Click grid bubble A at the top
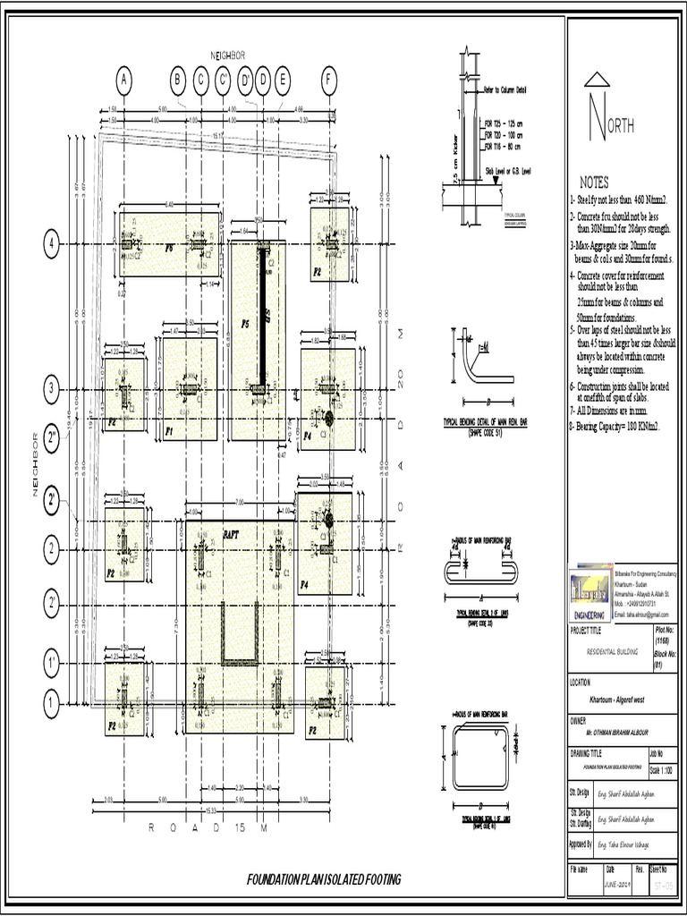click(x=123, y=82)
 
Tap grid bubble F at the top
click(x=330, y=82)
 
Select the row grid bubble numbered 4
click(x=52, y=243)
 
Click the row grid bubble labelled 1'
click(x=52, y=663)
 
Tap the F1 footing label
click(x=169, y=431)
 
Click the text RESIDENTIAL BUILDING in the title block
click(x=612, y=652)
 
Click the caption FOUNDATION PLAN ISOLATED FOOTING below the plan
click(x=324, y=880)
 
